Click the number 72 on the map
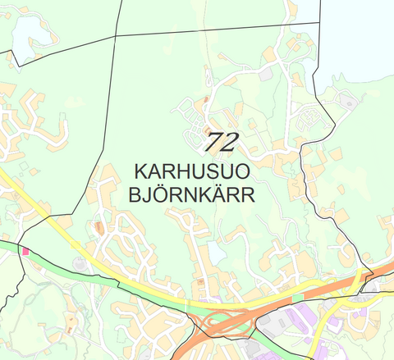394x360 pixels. (x=221, y=142)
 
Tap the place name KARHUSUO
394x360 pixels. (x=193, y=172)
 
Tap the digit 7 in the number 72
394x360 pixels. (x=213, y=142)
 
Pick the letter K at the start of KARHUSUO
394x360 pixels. (x=140, y=172)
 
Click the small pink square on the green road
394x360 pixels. (x=25, y=252)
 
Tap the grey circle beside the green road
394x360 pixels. (x=79, y=262)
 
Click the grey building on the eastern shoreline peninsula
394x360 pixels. (x=346, y=103)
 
